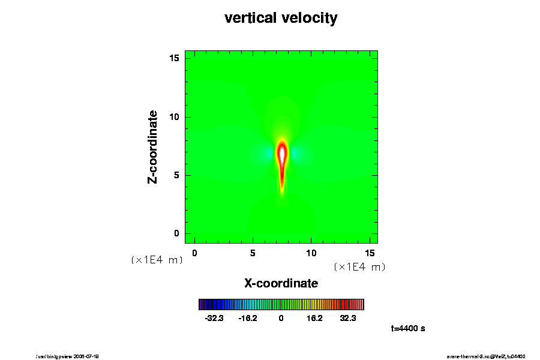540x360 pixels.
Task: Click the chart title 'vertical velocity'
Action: (281, 18)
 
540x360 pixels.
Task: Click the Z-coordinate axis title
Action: (153, 146)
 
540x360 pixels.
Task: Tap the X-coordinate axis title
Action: (281, 283)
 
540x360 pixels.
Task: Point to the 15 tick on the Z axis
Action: (175, 58)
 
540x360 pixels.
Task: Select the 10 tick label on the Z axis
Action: (175, 117)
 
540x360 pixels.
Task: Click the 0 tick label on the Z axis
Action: (177, 233)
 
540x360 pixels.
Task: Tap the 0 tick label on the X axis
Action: (194, 254)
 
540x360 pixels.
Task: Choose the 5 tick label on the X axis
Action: (253, 254)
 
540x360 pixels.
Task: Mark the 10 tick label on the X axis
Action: (311, 254)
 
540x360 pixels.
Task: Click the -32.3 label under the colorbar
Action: (214, 318)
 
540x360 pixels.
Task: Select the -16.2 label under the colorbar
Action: (247, 318)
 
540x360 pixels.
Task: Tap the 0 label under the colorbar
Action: (281, 318)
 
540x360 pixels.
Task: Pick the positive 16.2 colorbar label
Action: (314, 318)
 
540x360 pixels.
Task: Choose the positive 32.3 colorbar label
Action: (347, 318)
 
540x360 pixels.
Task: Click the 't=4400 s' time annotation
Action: (408, 328)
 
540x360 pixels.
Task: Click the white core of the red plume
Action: (282, 154)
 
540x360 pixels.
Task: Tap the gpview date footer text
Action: (72, 356)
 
